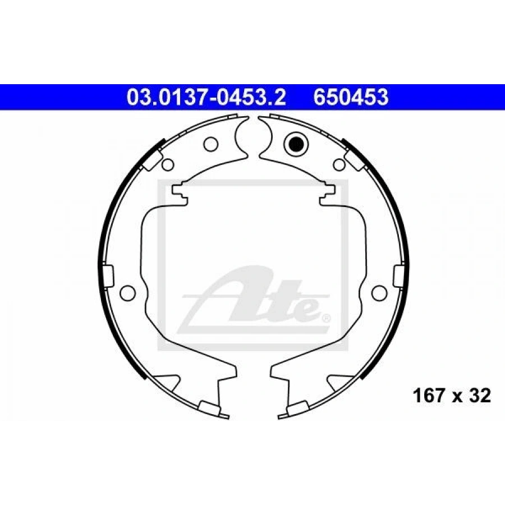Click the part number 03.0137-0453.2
(206, 97)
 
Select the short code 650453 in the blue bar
(351, 97)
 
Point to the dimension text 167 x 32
(452, 395)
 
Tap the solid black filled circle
(296, 144)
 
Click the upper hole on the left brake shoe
(210, 144)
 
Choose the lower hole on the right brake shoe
(379, 292)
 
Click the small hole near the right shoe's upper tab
(339, 164)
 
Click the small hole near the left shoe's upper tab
(168, 164)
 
